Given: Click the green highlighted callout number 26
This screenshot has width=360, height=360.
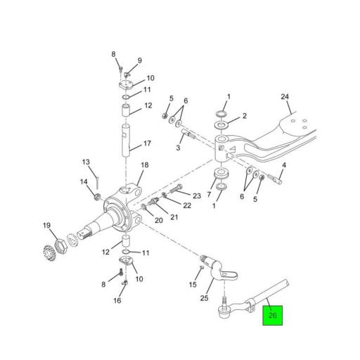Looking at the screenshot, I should (272, 316).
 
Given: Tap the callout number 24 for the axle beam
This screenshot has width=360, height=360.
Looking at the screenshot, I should (285, 96).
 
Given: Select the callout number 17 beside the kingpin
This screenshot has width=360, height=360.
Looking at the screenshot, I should (148, 143).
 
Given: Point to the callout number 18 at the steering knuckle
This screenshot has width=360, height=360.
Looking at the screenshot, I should (144, 165).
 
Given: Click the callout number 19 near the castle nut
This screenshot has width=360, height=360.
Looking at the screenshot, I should (46, 226).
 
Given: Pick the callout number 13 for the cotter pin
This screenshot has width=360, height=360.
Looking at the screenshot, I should (86, 162).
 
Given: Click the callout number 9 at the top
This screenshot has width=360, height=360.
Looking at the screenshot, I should (139, 60).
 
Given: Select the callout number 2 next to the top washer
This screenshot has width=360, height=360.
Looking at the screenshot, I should (243, 116).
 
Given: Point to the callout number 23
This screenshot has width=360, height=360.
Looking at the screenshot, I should (197, 196).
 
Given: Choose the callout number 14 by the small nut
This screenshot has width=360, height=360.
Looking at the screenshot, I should (84, 183).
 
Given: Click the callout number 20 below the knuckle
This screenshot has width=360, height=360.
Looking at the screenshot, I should (159, 221).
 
